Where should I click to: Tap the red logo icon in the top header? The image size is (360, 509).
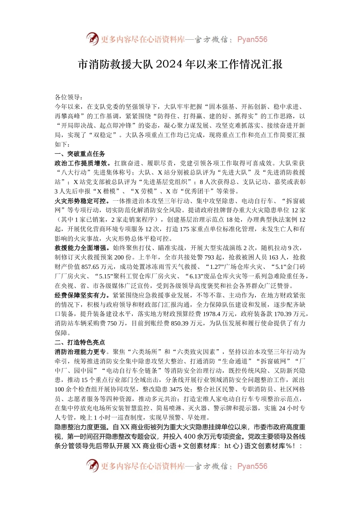tap(92, 39)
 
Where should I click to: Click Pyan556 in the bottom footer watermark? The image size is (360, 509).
tap(252, 466)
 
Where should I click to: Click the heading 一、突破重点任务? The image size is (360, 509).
tap(80, 154)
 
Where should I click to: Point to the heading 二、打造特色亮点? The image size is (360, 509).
tap(80, 342)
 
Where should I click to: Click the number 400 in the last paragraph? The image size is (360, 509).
tap(189, 437)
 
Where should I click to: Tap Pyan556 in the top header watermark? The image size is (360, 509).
tap(252, 39)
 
